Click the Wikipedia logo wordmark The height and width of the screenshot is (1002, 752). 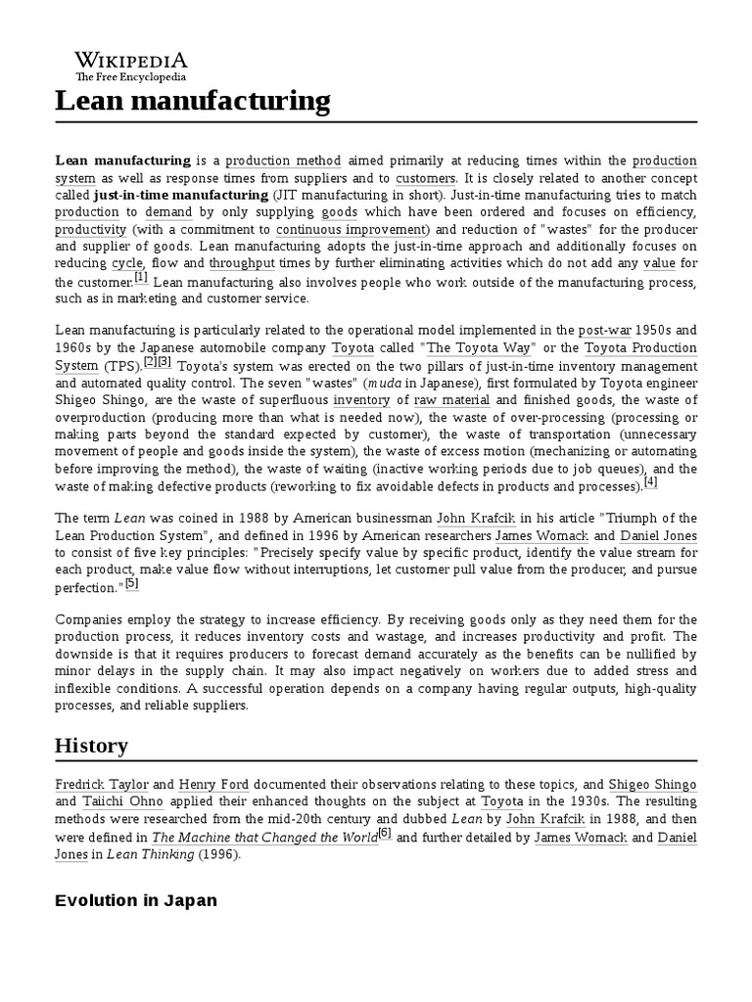point(131,61)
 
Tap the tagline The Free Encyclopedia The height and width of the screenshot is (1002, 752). point(131,77)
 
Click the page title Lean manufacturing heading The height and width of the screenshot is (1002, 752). point(192,101)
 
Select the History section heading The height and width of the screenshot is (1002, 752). point(91,746)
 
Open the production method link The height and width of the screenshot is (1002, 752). point(284,160)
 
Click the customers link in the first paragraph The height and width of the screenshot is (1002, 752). point(426,178)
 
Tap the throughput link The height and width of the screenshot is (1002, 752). point(241,264)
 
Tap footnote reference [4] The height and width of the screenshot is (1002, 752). point(651,482)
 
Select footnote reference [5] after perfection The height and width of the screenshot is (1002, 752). point(132,583)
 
